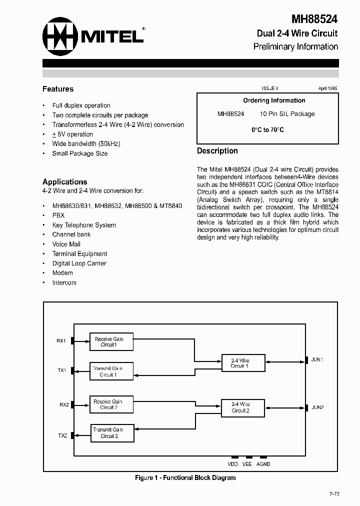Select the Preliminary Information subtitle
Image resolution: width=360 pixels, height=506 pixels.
[x=295, y=46]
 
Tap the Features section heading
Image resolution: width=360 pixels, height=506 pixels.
[x=58, y=89]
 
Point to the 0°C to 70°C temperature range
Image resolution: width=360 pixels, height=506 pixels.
[x=267, y=129]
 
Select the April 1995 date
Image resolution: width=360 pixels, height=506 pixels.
[x=327, y=88]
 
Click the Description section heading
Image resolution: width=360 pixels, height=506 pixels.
[x=217, y=151]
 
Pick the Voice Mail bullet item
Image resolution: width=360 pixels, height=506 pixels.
[x=66, y=244]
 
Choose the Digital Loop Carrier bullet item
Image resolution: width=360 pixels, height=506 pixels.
[x=79, y=263]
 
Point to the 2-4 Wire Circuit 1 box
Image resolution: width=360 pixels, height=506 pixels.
[x=240, y=363]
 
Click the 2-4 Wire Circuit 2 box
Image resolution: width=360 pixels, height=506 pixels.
[x=240, y=407]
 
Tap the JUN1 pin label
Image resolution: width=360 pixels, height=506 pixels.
[x=317, y=359]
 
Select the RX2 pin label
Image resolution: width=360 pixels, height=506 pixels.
[x=64, y=404]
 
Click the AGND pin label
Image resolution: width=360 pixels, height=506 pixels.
[x=263, y=464]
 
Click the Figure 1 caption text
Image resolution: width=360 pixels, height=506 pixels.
[x=185, y=477]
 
